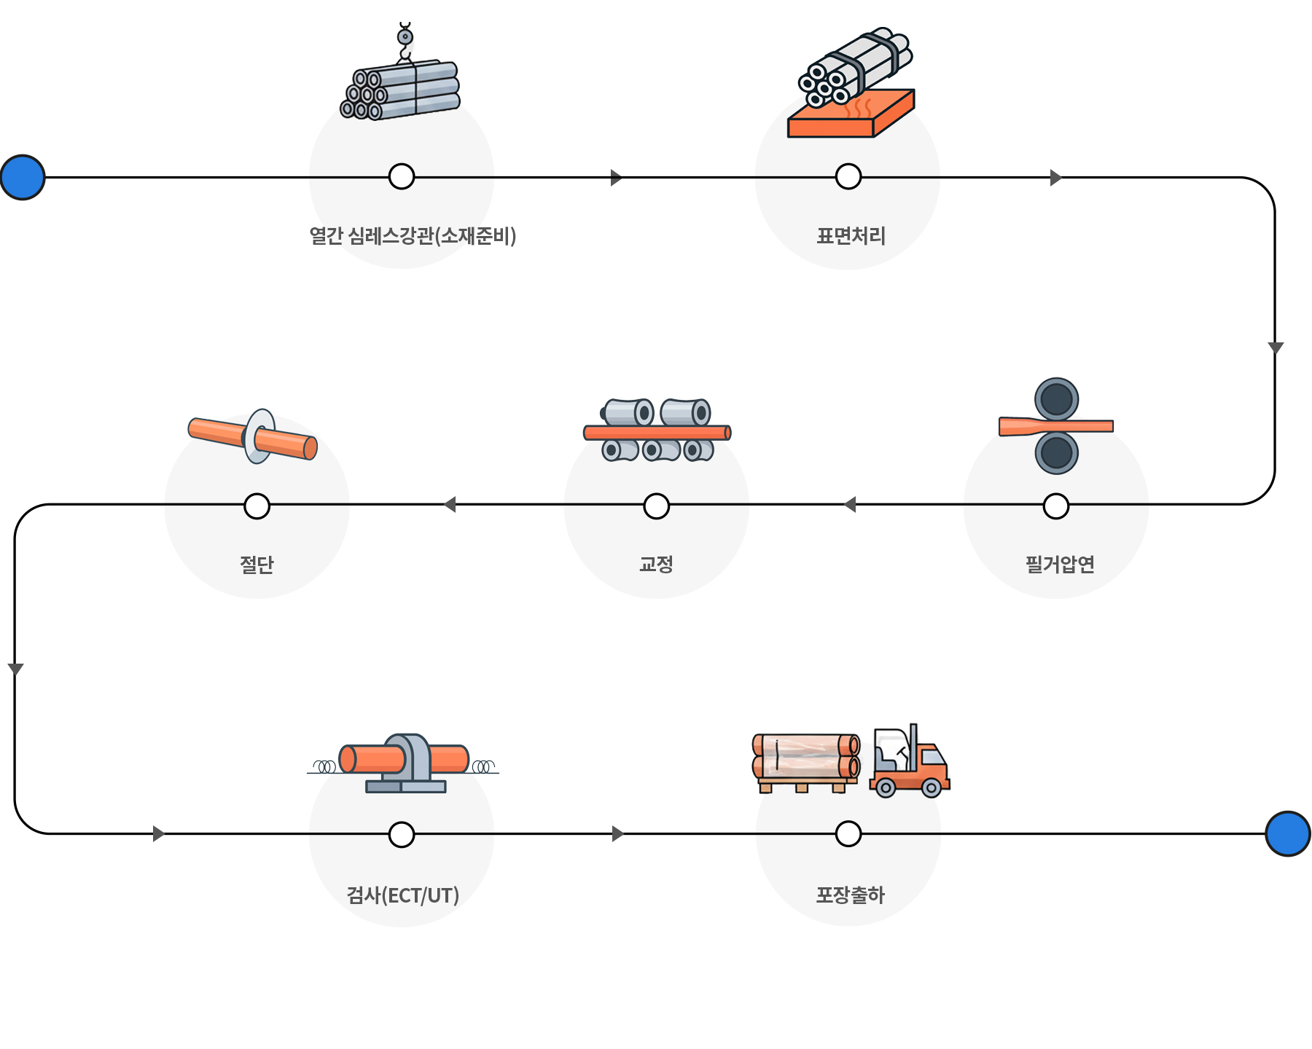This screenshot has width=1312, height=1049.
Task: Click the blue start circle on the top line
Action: pos(23,177)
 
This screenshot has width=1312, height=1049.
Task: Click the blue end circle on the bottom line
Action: pos(1288,833)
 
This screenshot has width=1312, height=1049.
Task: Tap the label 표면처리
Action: pos(851,236)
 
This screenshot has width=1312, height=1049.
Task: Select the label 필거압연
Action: pos(1060,565)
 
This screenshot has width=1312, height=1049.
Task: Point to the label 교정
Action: pos(656,565)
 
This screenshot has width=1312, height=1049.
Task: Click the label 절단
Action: pos(257,565)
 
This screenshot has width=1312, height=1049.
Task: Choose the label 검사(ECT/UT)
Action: pos(402,895)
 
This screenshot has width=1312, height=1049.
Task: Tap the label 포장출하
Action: pos(850,895)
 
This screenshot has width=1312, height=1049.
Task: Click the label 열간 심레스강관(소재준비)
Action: pos(413,236)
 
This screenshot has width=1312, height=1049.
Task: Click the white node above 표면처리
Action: pos(848,176)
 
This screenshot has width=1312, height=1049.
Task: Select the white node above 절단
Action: pos(257,506)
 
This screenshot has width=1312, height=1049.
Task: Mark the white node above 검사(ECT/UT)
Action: pos(402,834)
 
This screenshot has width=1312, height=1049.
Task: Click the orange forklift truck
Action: pos(910,761)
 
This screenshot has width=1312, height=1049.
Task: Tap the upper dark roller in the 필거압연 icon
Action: pos(1057,399)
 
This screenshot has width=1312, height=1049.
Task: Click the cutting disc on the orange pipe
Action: pos(259,436)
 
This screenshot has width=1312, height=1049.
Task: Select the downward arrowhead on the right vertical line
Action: pos(1276,347)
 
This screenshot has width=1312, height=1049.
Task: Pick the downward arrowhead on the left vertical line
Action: pos(15,669)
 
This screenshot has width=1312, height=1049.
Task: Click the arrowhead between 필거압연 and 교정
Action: pos(849,504)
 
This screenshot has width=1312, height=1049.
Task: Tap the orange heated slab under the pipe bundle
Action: pos(851,114)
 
